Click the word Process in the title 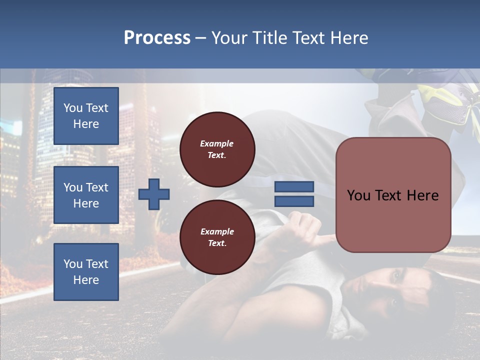click(x=157, y=38)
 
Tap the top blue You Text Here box click(x=86, y=116)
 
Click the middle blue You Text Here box click(x=86, y=195)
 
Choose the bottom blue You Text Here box click(x=86, y=272)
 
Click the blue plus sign click(x=154, y=194)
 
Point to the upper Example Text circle click(x=217, y=149)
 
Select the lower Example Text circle click(x=217, y=237)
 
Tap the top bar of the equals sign click(x=294, y=187)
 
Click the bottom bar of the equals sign click(x=294, y=201)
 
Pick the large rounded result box click(x=393, y=195)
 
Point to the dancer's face click(x=400, y=290)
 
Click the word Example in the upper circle click(x=216, y=143)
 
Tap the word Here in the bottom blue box click(x=86, y=280)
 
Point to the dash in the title click(x=201, y=38)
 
